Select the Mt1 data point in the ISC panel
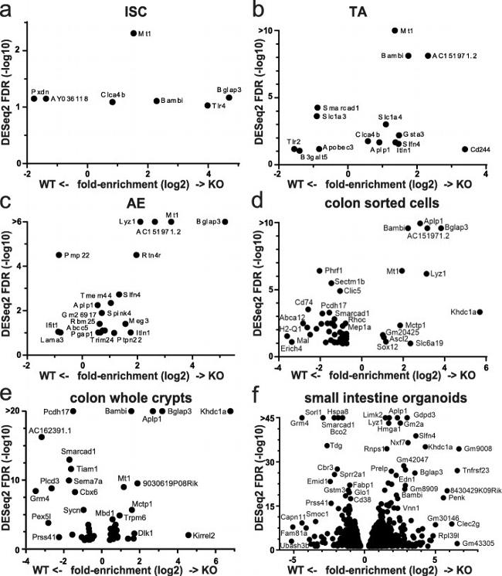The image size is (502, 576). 134,33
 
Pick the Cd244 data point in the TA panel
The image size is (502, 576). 464,149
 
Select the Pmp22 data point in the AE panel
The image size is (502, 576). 59,255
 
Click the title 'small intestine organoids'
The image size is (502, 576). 383,399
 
